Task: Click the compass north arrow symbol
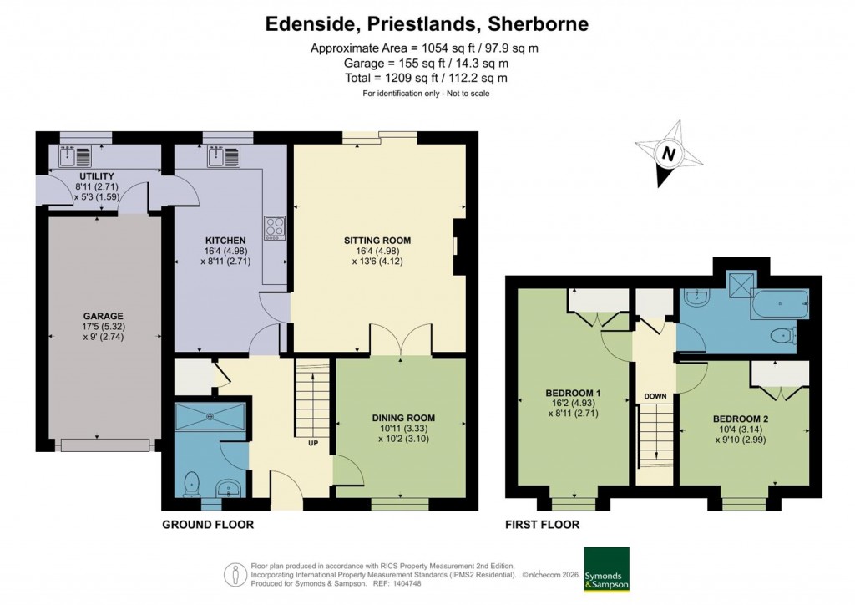point(668,155)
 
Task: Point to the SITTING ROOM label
point(377,241)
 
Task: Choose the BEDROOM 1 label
point(574,393)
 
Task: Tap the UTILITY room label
point(73,176)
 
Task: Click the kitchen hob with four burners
point(274,226)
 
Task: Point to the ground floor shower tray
point(210,415)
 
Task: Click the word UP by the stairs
point(314,442)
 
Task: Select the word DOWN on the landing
point(654,395)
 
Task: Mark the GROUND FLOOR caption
point(208,525)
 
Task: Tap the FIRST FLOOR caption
point(542,525)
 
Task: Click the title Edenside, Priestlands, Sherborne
point(427,24)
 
